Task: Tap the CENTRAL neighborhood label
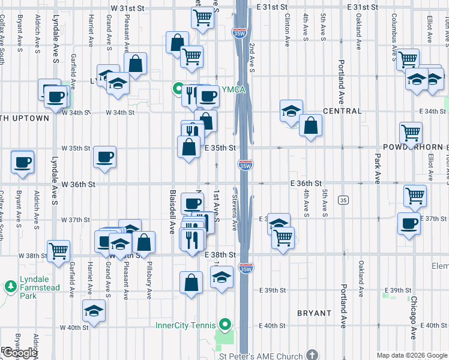(x=343, y=111)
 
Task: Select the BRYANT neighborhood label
(x=314, y=313)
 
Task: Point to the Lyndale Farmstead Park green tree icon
(x=11, y=287)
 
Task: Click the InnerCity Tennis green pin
(x=225, y=326)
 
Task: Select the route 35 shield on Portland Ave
(x=343, y=199)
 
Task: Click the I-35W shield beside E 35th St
(x=244, y=165)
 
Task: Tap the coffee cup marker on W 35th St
(x=104, y=158)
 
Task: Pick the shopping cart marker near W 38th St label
(x=59, y=251)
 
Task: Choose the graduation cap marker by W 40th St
(x=94, y=310)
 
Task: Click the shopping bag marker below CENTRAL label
(x=311, y=125)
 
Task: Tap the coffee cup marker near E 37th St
(x=409, y=223)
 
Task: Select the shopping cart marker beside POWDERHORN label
(x=411, y=133)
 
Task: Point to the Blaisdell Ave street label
(x=172, y=212)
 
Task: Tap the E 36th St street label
(x=306, y=182)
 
